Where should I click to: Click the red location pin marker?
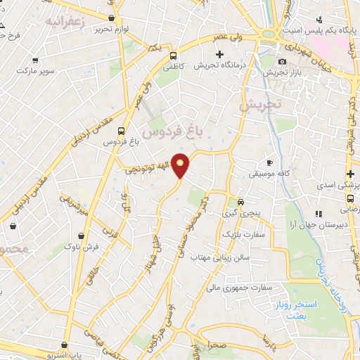tap(181, 165)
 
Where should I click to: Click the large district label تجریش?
tap(259, 105)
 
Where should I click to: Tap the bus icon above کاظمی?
tap(174, 56)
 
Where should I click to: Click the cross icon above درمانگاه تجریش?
tap(220, 54)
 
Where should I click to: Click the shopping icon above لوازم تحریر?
tap(112, 18)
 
